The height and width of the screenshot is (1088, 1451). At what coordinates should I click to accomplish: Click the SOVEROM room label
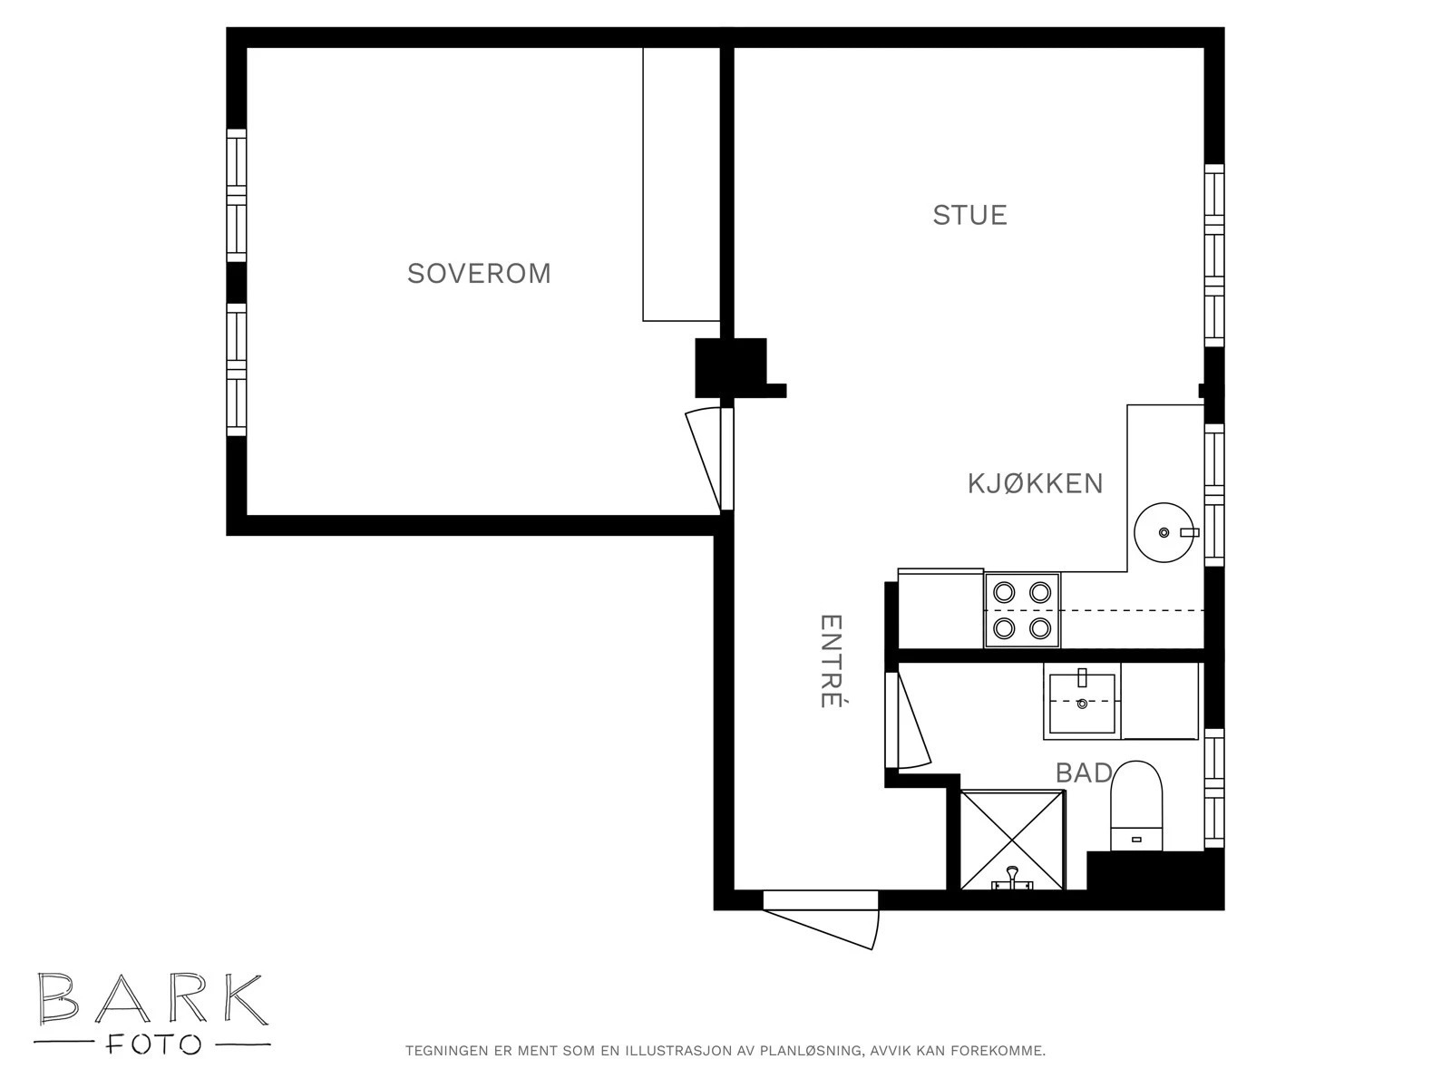coord(479,274)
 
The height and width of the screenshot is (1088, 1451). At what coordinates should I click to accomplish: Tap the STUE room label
coord(969,216)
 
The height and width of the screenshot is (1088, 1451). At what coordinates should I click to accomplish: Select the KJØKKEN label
coord(1036,483)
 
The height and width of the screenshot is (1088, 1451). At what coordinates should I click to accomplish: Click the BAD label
coord(1083,772)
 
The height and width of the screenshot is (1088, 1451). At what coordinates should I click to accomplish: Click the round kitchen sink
coord(1164,532)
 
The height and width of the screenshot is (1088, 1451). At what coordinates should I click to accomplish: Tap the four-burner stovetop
coord(1022,610)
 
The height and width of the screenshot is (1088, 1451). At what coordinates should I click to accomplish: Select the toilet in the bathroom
coord(1136,806)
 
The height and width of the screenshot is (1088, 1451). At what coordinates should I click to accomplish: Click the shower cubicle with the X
coord(1012,840)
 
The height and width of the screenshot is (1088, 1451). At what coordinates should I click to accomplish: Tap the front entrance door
coord(821,919)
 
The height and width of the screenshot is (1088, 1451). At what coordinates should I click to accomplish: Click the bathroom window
coord(1214,787)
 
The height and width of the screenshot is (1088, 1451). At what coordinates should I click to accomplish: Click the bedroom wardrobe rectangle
coord(681,184)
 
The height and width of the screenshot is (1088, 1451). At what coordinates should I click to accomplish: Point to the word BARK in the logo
coord(152,1000)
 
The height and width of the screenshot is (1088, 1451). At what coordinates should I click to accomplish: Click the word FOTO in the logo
coord(152,1045)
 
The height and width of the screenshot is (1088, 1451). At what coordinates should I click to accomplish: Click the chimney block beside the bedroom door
coord(731,368)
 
